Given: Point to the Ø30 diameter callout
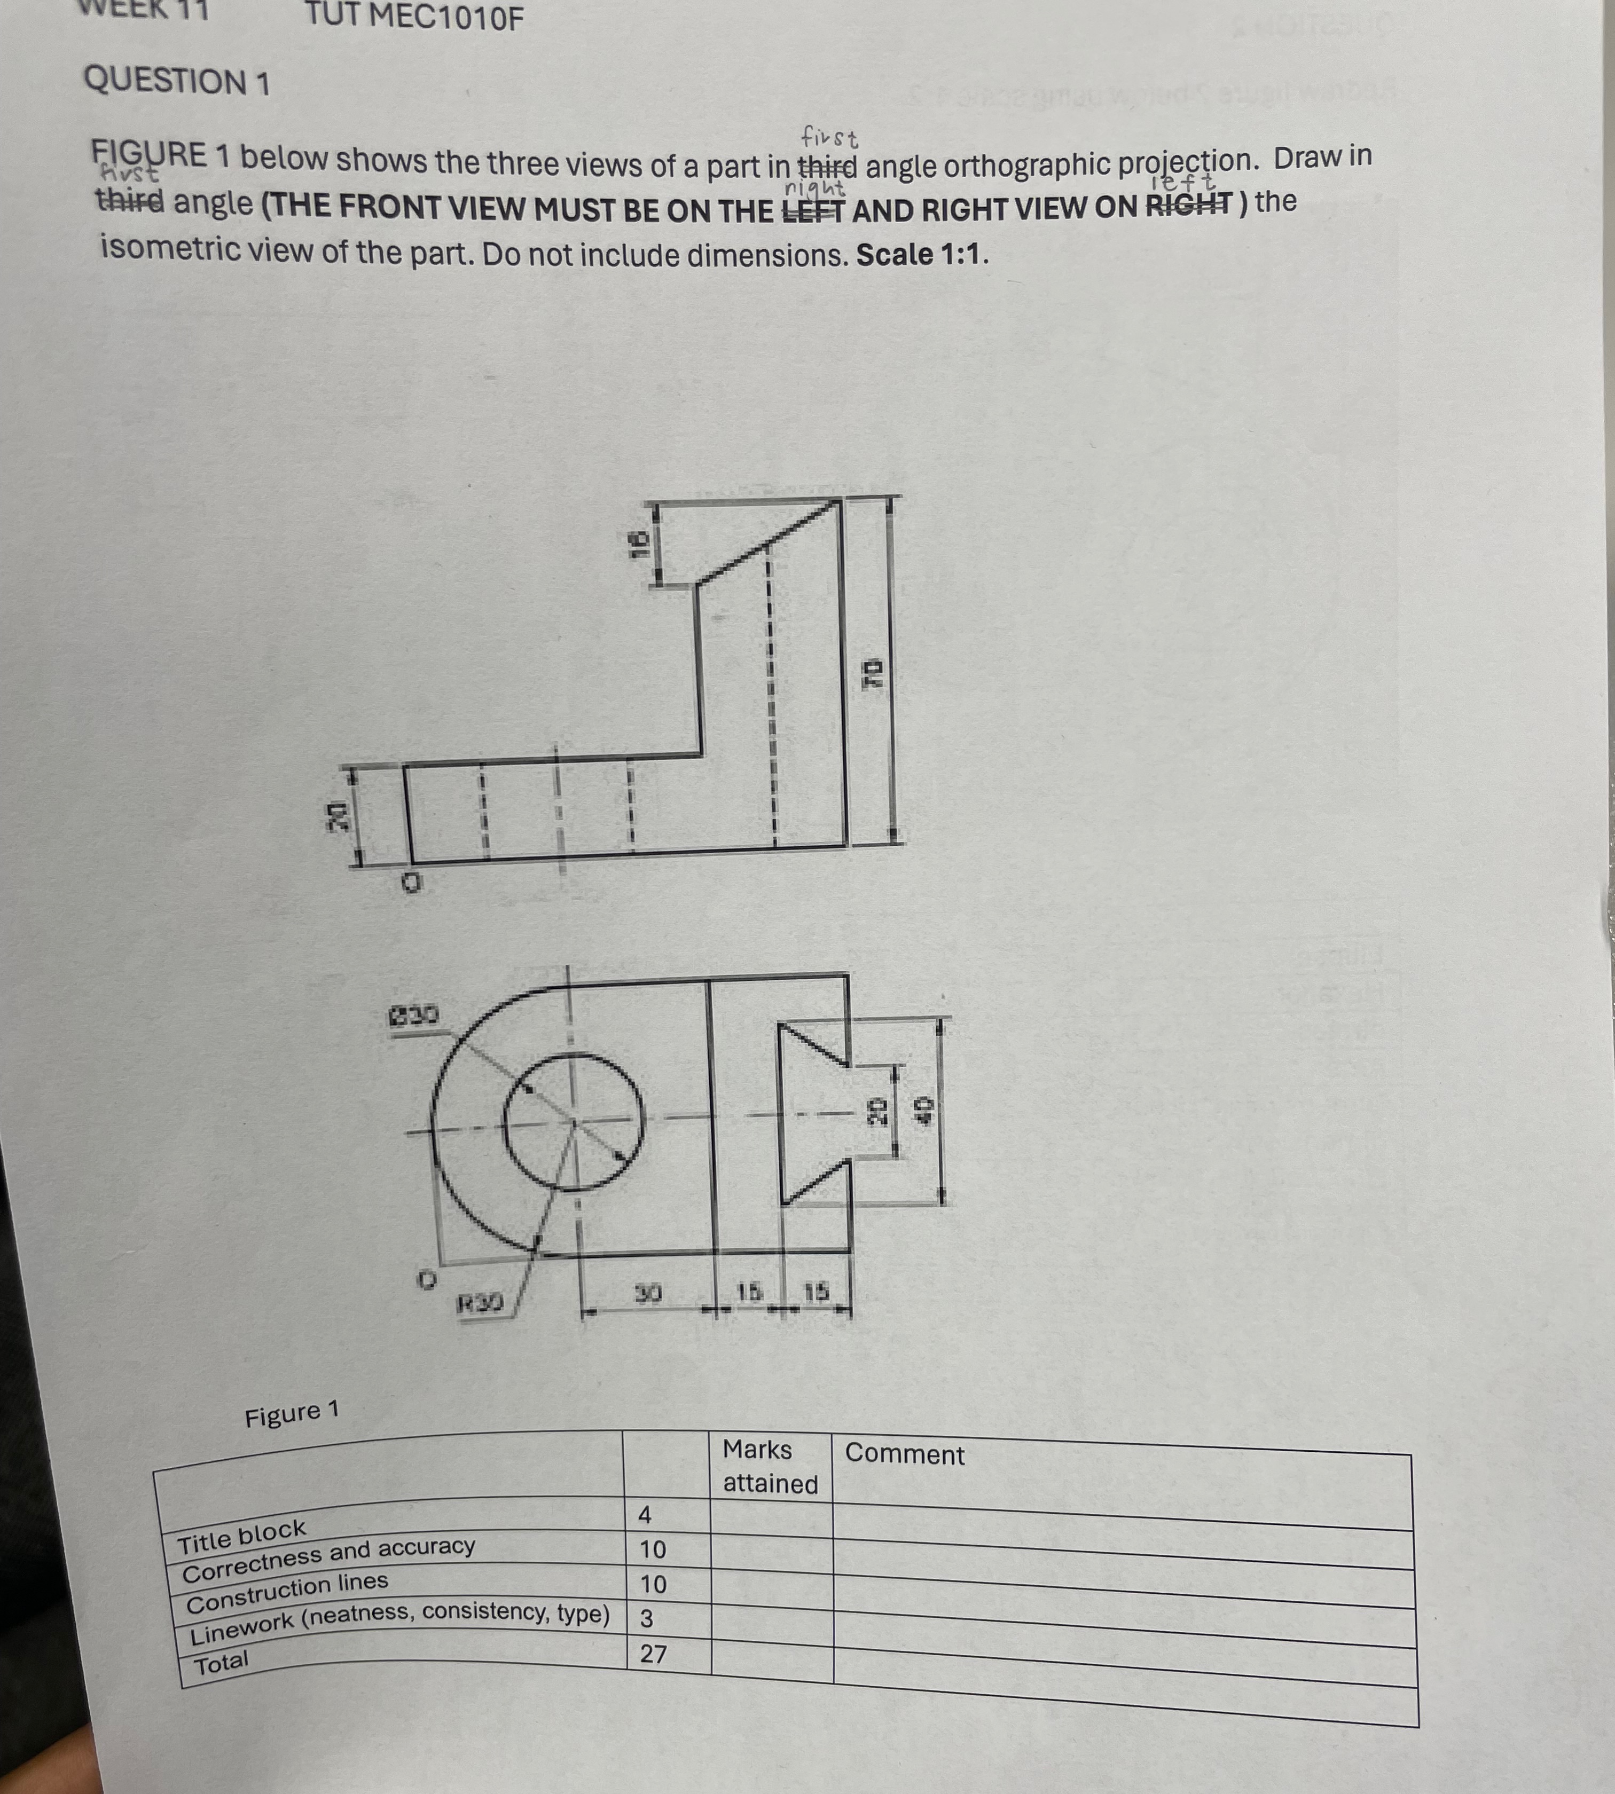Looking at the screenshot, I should [x=413, y=1014].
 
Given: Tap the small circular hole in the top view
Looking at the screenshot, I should [x=573, y=1122].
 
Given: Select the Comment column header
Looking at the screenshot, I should [x=904, y=1454].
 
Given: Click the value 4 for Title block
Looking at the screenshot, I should [x=645, y=1515].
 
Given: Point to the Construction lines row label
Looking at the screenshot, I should [x=287, y=1593].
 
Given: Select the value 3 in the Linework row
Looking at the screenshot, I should [x=646, y=1619].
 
